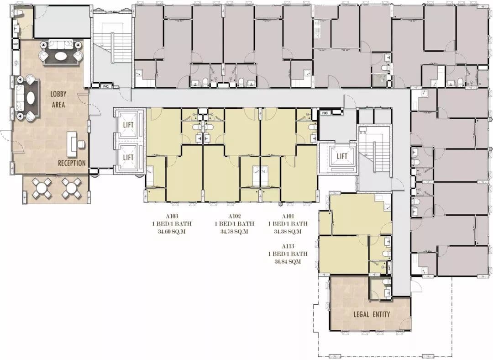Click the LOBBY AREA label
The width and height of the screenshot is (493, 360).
(58, 99)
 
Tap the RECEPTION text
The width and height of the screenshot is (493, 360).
(72, 163)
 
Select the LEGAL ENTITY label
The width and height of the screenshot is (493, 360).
(372, 314)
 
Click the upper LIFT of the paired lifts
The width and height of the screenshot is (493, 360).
(128, 125)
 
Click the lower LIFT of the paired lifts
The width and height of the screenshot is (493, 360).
(128, 157)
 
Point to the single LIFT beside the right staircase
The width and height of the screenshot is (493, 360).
(342, 156)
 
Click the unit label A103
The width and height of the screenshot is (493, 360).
(172, 216)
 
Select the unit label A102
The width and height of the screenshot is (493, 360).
(235, 216)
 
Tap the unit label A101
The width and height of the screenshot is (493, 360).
(288, 216)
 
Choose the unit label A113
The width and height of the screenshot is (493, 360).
(288, 246)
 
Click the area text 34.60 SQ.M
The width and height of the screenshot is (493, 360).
(172, 232)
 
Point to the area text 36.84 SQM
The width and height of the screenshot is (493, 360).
(288, 261)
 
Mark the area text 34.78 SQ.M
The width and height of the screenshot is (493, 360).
(235, 232)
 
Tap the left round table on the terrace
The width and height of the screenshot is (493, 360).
(42, 188)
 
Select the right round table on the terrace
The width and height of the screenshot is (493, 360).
(71, 188)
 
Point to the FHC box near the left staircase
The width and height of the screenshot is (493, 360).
(105, 85)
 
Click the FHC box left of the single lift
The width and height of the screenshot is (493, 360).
(325, 113)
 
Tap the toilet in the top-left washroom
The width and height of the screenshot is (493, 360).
(19, 13)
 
